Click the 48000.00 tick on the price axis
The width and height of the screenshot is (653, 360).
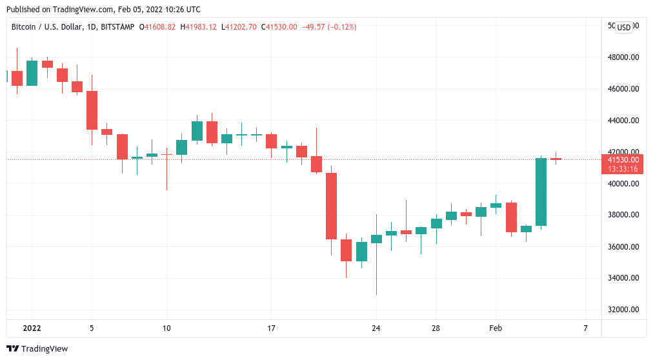click(x=622, y=57)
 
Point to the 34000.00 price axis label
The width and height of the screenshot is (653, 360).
click(x=622, y=278)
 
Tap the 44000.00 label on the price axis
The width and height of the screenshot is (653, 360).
click(x=622, y=121)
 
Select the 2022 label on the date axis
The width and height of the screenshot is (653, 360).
click(x=32, y=328)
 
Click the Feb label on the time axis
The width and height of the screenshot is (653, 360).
click(x=496, y=328)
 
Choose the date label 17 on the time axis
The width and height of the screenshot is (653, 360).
click(x=272, y=328)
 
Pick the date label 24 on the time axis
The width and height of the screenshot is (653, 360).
click(x=376, y=328)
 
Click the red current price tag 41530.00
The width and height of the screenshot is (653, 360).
click(x=622, y=159)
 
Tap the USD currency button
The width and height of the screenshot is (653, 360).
click(x=624, y=27)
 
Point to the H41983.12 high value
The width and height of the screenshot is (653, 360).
click(x=199, y=27)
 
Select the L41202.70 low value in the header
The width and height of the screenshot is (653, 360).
click(x=238, y=27)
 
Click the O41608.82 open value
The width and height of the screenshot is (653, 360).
click(x=158, y=27)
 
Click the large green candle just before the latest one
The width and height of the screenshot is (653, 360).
click(x=541, y=192)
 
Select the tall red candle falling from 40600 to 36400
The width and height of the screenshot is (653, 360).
click(x=331, y=206)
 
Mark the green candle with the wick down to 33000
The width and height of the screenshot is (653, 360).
click(x=376, y=239)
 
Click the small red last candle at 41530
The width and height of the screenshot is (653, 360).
click(x=556, y=159)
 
